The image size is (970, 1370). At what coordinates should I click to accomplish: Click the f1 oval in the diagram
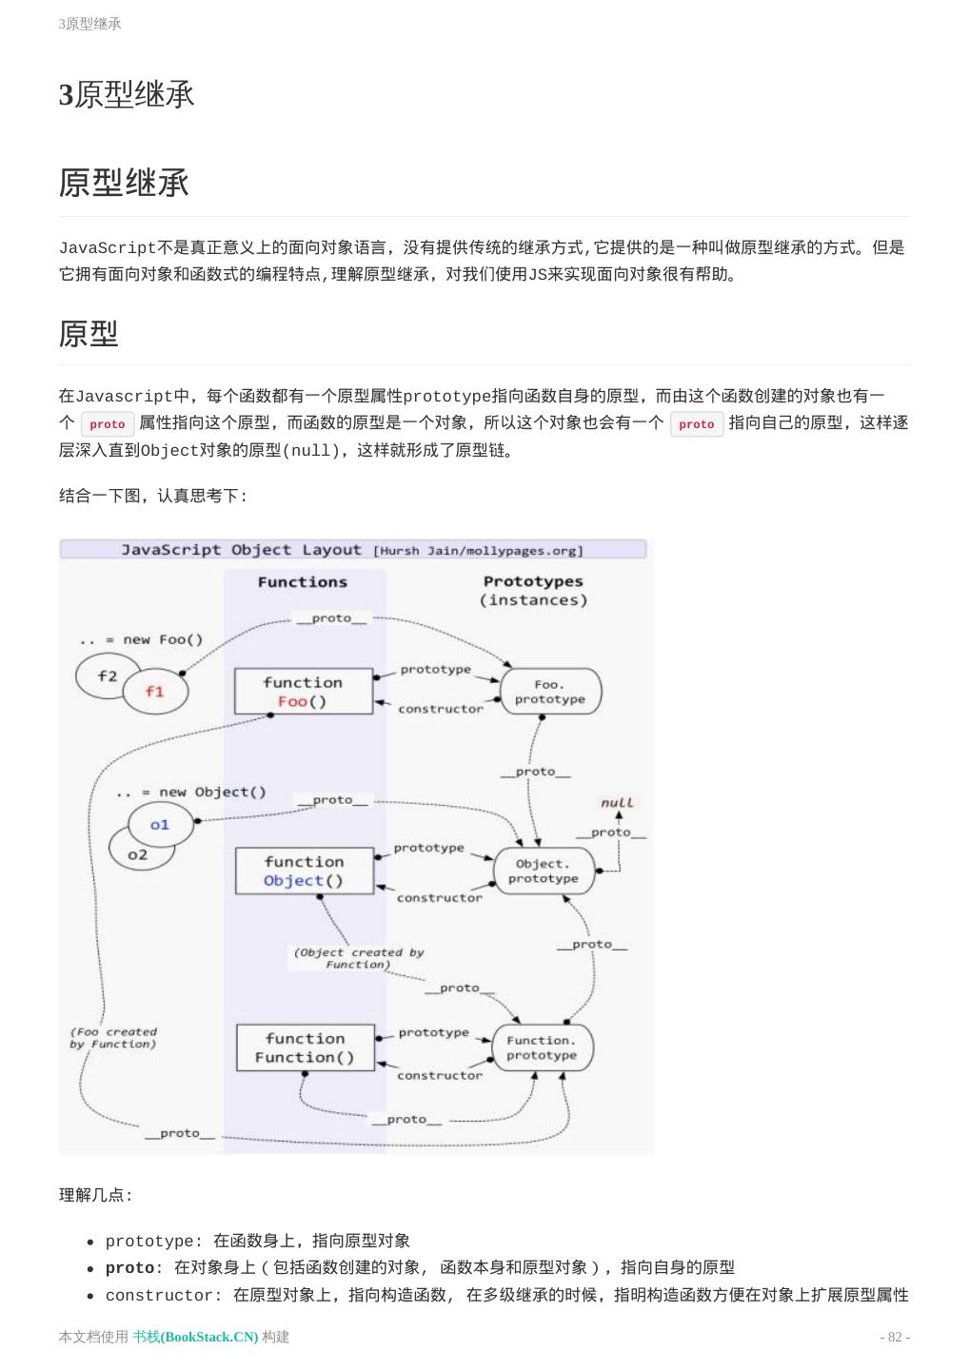coord(155,692)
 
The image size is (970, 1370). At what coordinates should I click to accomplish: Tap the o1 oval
coord(160,825)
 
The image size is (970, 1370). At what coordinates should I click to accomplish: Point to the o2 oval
coord(136,855)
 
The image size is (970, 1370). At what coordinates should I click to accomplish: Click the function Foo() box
coord(304,692)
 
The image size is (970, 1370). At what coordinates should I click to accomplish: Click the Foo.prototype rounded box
coord(550,692)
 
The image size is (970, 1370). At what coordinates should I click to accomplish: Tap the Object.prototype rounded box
coord(543,871)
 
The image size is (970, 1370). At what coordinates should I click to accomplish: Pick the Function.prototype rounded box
coord(542,1047)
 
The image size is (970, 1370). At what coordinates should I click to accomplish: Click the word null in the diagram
coord(617,803)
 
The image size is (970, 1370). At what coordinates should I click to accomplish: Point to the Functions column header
coord(303,582)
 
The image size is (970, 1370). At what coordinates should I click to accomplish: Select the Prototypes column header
coord(533,581)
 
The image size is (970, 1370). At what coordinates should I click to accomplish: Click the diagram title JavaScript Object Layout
coord(242,550)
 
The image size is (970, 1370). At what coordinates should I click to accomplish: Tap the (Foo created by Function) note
coord(113,1038)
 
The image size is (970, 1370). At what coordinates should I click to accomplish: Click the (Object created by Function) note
coord(359,958)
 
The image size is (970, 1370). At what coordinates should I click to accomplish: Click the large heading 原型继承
coord(125,183)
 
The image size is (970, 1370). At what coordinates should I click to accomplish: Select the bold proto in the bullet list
coord(129,1268)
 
